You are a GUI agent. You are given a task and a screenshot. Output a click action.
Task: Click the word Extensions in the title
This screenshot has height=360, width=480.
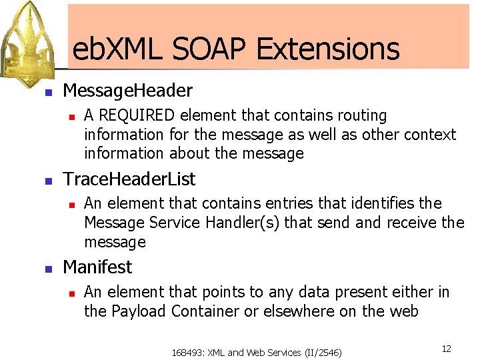[x=327, y=49]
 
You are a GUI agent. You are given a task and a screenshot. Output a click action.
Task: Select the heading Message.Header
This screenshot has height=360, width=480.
[x=127, y=91]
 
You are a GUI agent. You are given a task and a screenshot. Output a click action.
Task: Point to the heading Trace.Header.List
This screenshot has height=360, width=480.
[x=129, y=179]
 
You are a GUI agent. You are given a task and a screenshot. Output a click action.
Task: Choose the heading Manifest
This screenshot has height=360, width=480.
[x=97, y=267]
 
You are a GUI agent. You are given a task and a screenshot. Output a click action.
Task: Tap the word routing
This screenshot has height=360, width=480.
[x=362, y=116]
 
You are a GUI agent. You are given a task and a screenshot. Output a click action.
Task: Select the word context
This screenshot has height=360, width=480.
[x=427, y=135]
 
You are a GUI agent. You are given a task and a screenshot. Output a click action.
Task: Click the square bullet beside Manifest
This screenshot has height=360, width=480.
[x=47, y=269]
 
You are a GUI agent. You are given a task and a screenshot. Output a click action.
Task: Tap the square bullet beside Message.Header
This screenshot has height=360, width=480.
[x=47, y=93]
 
